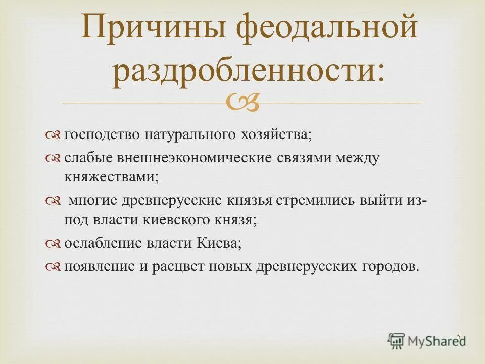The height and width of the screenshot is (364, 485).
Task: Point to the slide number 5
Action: tap(458, 336)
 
